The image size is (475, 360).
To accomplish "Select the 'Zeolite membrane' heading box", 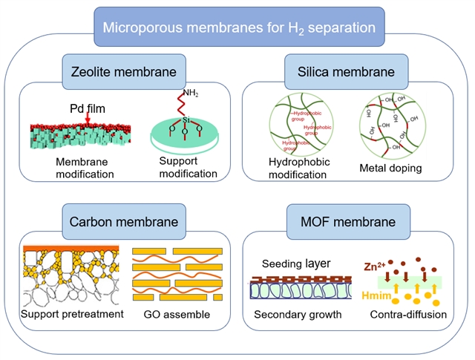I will point(124,72).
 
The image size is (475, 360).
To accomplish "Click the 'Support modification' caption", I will point(188,167).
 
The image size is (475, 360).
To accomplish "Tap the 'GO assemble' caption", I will point(176,314).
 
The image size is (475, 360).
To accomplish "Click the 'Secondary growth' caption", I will point(298,314).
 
